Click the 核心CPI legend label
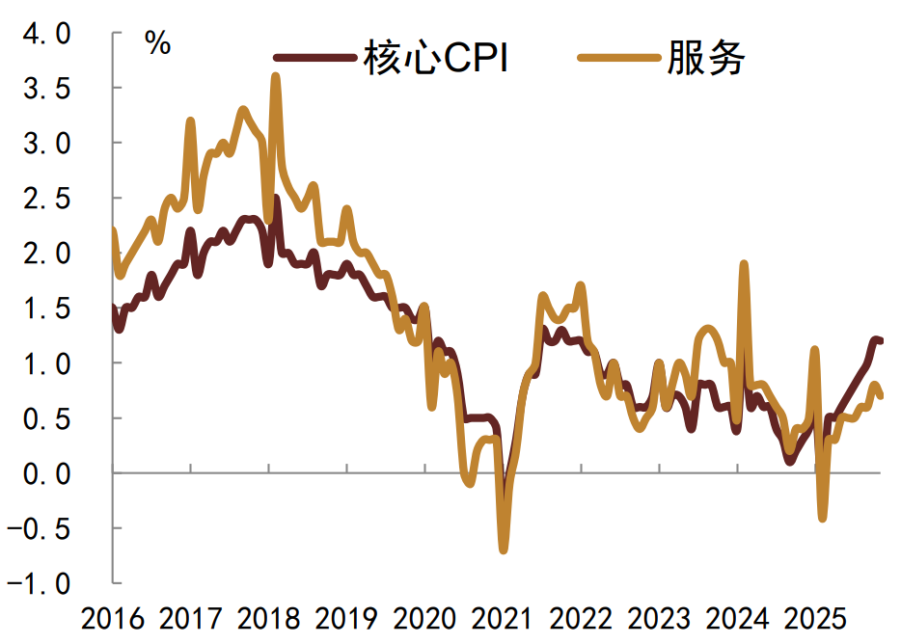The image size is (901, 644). (x=436, y=59)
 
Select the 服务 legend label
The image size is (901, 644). (x=706, y=59)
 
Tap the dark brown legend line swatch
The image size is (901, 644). (x=314, y=59)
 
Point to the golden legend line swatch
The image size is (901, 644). (x=618, y=59)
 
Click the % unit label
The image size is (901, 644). (x=157, y=42)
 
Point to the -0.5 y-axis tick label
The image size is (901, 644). (x=40, y=528)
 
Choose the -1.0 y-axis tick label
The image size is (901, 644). (x=40, y=583)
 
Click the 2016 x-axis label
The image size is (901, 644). (x=114, y=618)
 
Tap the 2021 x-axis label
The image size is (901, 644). (x=504, y=618)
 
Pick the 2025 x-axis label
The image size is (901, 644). (x=814, y=618)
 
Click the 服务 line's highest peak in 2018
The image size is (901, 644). (x=276, y=76)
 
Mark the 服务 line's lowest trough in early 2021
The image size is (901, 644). (x=503, y=550)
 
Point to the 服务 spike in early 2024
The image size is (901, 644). (x=744, y=263)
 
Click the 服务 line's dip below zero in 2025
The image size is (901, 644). (x=823, y=519)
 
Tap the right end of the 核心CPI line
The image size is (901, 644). (x=881, y=340)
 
